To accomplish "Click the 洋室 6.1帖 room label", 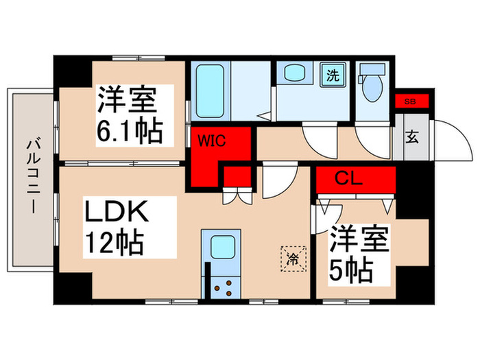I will click(134, 115).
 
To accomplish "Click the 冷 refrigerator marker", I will click(291, 259).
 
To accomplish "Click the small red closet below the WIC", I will click(237, 177).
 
